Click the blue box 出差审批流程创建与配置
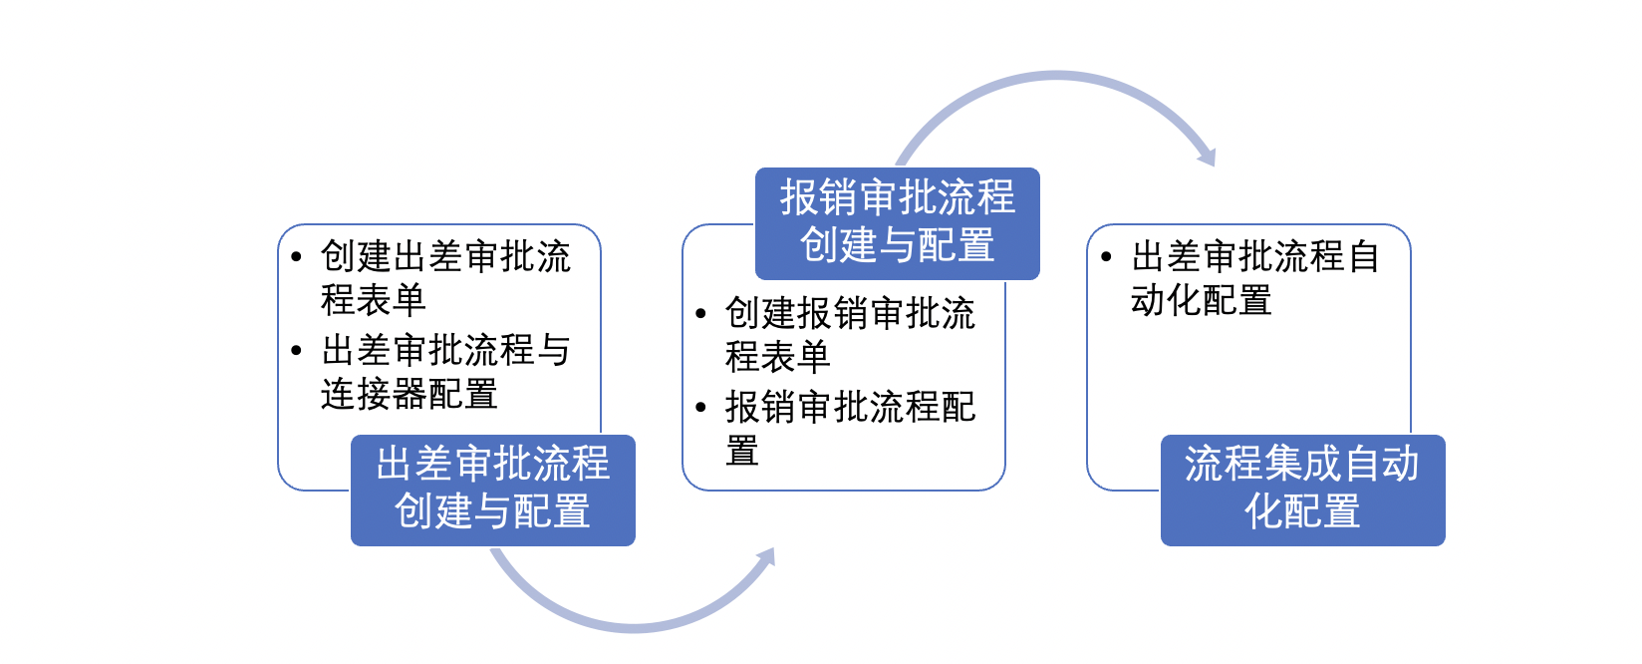point(492,491)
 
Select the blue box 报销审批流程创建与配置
point(898,223)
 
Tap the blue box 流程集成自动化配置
point(1302,491)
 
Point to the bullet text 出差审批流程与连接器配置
point(445,371)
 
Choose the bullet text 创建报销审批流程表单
point(850,335)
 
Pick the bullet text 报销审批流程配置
point(850,429)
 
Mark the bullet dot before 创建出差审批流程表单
point(296,257)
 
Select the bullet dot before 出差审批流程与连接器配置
point(296,351)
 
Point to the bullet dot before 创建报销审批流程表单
point(700,314)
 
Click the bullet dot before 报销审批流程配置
point(700,407)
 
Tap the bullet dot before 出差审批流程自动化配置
point(1106,257)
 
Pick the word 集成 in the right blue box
point(1302,464)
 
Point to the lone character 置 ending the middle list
point(742,451)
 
